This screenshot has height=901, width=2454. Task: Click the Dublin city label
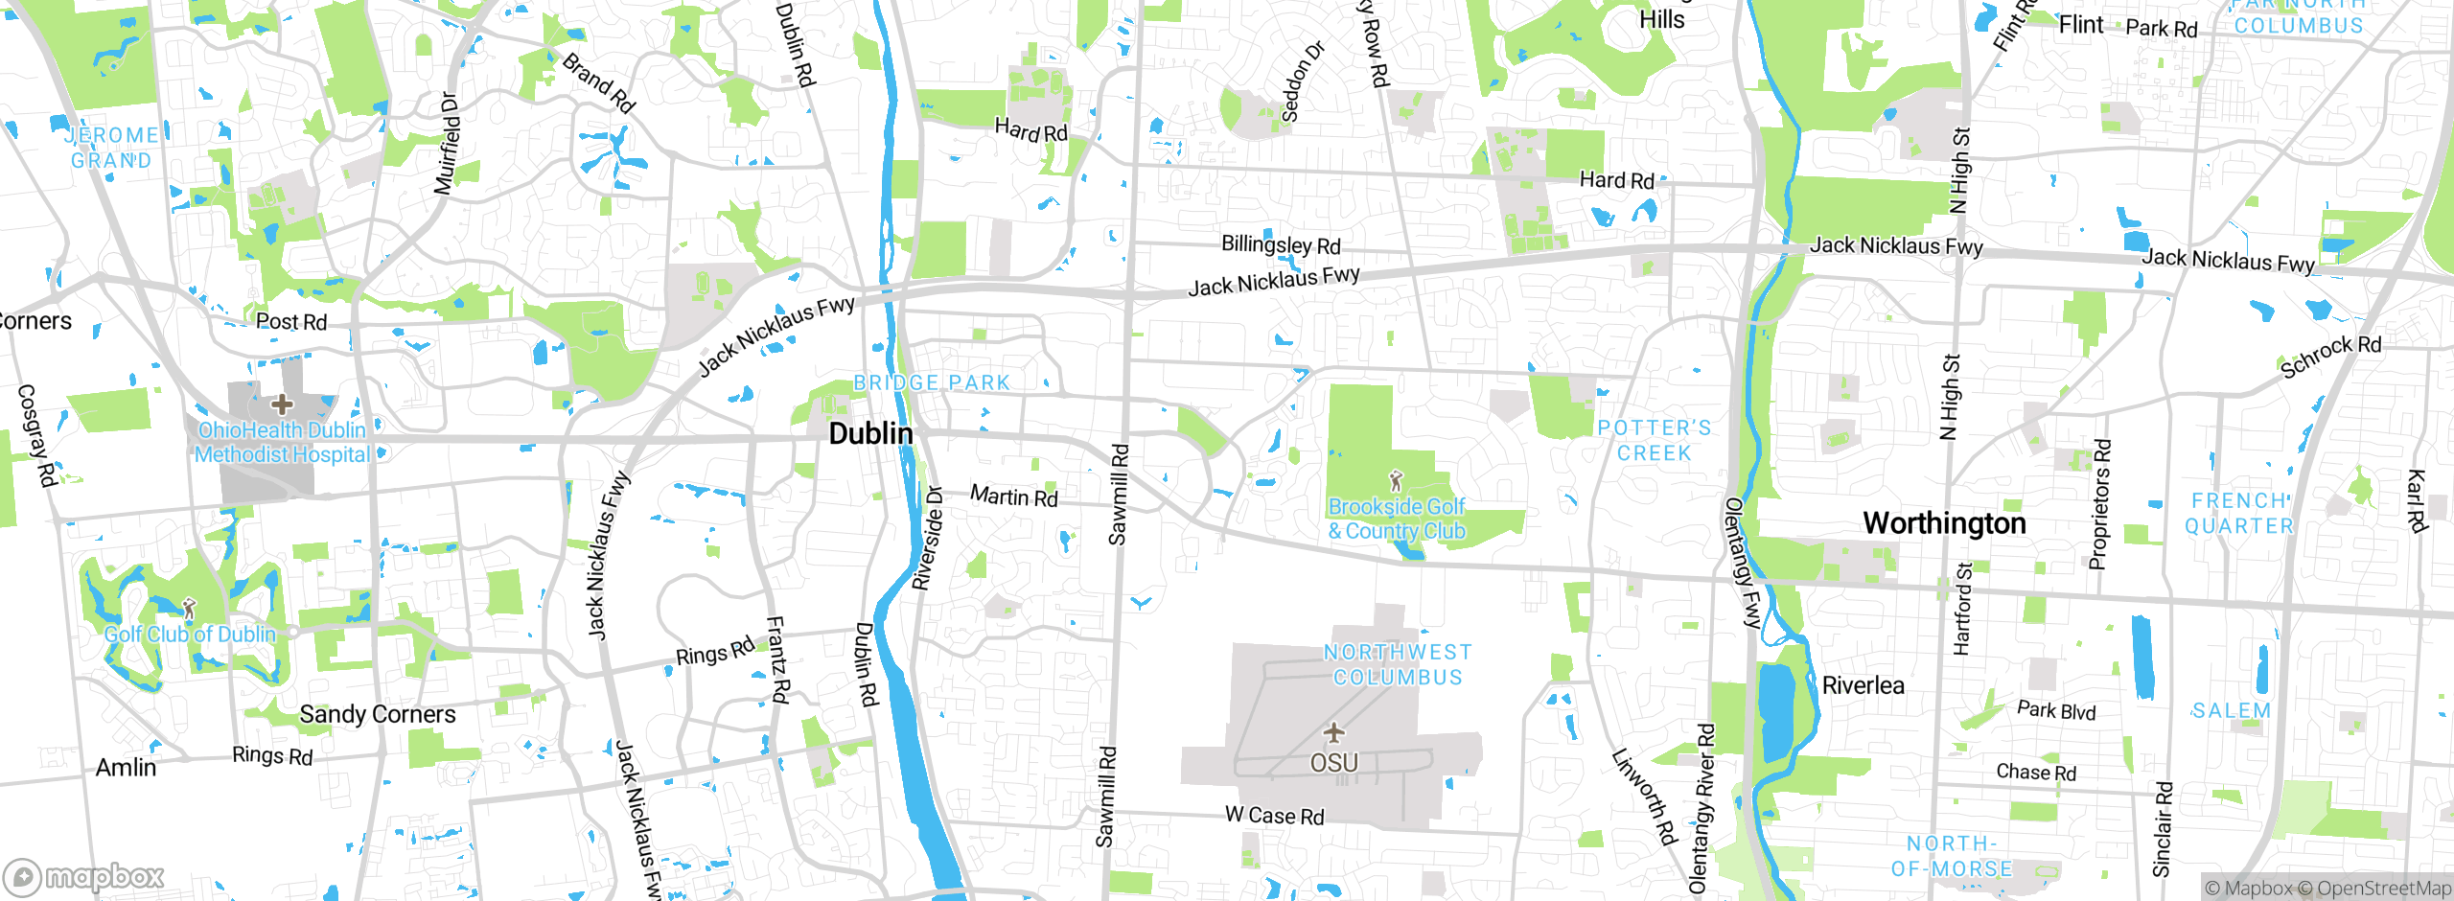point(870,433)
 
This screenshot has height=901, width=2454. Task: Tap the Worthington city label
point(1944,523)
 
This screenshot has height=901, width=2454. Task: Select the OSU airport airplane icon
point(1333,733)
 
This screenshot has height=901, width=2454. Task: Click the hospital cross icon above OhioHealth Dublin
point(282,404)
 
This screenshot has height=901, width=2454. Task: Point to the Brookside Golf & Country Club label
point(1397,519)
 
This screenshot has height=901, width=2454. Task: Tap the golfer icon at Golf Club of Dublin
point(189,608)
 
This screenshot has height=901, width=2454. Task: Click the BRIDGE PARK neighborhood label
point(932,382)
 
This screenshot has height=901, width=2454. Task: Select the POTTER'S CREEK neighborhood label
point(1655,441)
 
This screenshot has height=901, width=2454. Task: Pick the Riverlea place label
point(1863,685)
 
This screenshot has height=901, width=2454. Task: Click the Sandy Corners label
point(378,714)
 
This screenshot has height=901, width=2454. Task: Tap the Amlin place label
point(126,768)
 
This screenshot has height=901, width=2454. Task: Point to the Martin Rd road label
point(1014,497)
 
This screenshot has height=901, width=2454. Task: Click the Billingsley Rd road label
point(1281,245)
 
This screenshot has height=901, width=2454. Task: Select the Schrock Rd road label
point(2330,356)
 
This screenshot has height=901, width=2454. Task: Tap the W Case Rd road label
point(1275,816)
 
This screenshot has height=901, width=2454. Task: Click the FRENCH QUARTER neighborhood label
point(2238,514)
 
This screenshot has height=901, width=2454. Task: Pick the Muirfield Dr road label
point(448,144)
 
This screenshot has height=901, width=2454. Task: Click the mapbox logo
point(84,876)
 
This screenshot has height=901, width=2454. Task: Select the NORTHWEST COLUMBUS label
point(1398,665)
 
